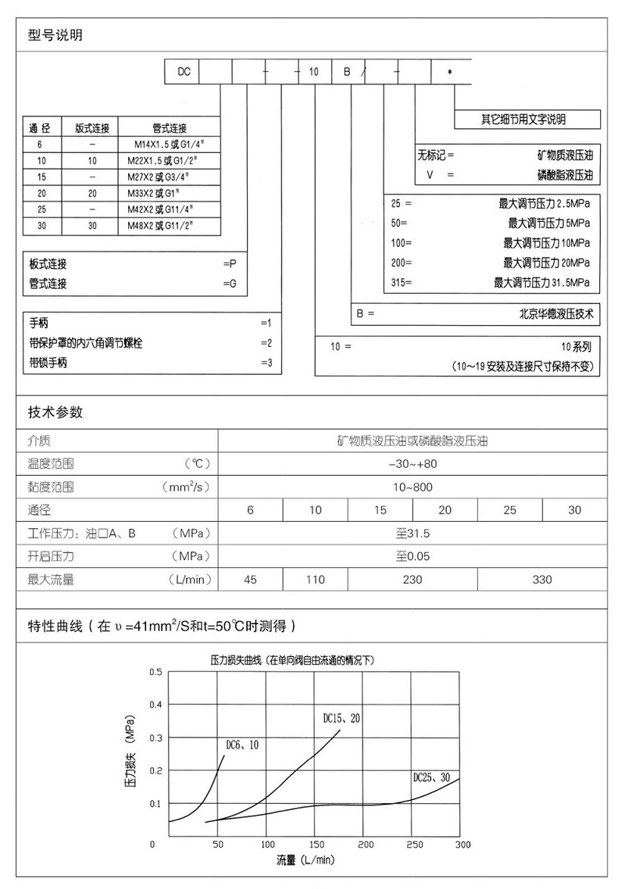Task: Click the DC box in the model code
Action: click(183, 72)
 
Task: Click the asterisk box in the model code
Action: click(450, 72)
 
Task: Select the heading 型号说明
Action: click(55, 35)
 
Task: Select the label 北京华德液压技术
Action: click(557, 314)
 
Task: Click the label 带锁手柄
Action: click(48, 362)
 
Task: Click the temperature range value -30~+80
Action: click(412, 464)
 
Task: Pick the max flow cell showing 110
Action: click(315, 580)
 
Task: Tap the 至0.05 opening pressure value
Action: click(412, 557)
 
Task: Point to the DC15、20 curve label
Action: click(341, 717)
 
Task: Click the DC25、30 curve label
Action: click(431, 777)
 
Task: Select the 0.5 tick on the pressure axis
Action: click(155, 672)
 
